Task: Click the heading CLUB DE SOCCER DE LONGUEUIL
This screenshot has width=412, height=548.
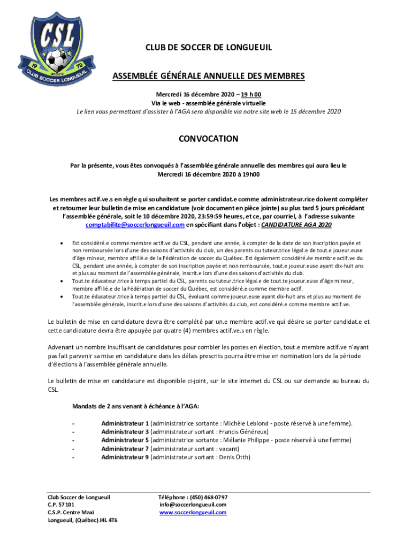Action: pos(209,48)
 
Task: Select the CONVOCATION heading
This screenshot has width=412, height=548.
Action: pos(208,139)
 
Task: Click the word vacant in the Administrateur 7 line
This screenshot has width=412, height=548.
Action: pos(228,449)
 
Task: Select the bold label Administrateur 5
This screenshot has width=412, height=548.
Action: pos(125,440)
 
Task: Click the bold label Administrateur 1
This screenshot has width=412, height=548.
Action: pos(125,423)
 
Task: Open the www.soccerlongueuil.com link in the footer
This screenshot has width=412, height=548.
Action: pos(193,513)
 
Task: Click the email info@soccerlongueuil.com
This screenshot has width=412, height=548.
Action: pos(193,505)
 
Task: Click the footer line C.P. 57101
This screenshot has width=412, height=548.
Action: pos(60,505)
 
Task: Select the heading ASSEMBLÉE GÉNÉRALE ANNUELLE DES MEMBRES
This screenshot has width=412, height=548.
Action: pos(208,76)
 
